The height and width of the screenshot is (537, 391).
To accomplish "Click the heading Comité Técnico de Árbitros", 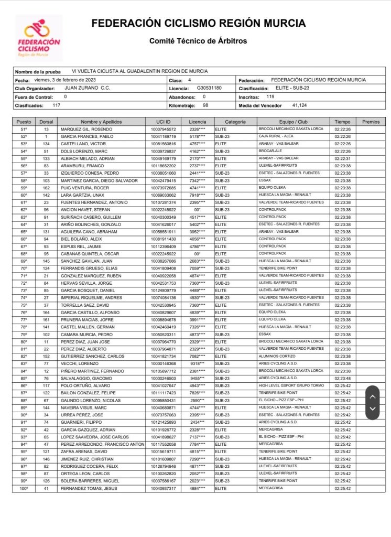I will (x=198, y=40).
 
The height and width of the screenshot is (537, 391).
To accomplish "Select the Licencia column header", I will (x=197, y=122).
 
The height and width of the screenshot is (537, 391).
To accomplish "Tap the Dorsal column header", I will (x=46, y=122).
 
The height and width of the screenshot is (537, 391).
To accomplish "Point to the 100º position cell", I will (x=24, y=489).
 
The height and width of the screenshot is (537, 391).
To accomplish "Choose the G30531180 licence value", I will (x=209, y=88).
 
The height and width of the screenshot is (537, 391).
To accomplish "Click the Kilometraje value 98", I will (x=205, y=105).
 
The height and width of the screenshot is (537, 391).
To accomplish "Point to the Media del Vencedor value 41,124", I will (x=299, y=105).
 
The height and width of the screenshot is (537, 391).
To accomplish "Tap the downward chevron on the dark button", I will (x=372, y=409).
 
